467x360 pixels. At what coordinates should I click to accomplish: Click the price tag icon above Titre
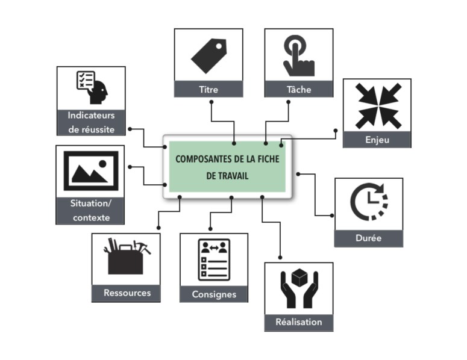point(208,55)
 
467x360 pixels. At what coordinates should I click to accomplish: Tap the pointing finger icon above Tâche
point(298,55)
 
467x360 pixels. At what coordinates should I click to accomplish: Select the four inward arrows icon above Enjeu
point(377,105)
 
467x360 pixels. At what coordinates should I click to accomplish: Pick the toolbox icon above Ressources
point(126,257)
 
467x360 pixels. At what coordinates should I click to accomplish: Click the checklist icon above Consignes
point(214,260)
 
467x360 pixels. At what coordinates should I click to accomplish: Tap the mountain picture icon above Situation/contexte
point(90,170)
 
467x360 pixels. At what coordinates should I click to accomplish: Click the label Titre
point(208,90)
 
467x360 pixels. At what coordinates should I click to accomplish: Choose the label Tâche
point(299,90)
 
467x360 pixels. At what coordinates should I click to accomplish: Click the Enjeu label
point(377,140)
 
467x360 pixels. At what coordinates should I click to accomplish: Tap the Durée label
point(369,238)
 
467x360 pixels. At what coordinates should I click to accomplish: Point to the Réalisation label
point(299,321)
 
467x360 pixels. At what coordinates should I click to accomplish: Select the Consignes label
point(214,294)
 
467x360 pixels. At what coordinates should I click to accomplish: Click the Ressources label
point(127,293)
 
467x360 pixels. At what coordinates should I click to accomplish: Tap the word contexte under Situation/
point(91,217)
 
